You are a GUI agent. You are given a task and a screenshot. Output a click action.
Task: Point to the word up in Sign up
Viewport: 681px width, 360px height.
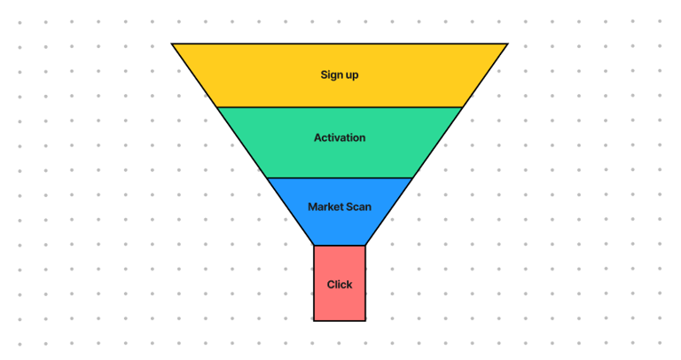(x=352, y=75)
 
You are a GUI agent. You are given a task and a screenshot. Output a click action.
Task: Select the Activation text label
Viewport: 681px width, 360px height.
(x=340, y=138)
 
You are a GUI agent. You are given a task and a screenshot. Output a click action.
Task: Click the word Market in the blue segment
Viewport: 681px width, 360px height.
(x=325, y=207)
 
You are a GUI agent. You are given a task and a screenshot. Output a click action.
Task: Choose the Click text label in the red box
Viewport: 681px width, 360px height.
(x=340, y=285)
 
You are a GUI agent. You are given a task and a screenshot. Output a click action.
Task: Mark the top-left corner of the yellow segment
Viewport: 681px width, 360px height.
(x=172, y=43)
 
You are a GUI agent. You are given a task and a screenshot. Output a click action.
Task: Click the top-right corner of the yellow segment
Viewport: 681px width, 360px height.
(x=508, y=43)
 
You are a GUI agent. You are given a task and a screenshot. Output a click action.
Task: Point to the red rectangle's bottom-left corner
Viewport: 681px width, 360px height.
(x=314, y=320)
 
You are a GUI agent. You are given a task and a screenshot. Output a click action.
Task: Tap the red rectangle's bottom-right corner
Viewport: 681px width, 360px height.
(x=365, y=320)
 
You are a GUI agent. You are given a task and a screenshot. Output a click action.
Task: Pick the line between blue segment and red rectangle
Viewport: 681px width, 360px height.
(x=340, y=246)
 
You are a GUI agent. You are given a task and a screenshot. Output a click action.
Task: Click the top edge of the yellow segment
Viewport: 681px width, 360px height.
(x=340, y=43)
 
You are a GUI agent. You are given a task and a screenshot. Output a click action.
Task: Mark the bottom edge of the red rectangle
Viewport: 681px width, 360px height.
(x=340, y=320)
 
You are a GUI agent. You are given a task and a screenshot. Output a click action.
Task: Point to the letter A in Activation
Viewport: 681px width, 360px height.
(x=317, y=138)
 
